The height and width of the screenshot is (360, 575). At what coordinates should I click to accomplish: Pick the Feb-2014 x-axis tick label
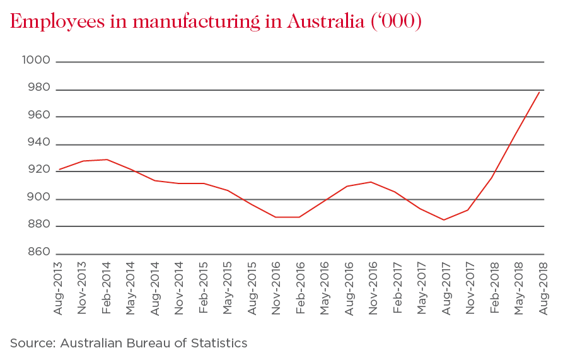(108, 287)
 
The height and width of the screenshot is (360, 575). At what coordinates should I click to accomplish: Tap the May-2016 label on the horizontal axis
(325, 287)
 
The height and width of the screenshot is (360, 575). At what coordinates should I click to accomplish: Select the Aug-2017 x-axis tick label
(446, 287)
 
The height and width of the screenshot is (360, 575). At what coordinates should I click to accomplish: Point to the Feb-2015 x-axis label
(204, 287)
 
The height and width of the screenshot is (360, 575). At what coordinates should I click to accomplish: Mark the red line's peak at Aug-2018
(542, 92)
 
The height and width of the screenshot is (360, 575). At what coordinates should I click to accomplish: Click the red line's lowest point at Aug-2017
(444, 220)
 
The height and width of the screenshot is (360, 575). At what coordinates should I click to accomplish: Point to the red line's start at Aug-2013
(58, 170)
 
